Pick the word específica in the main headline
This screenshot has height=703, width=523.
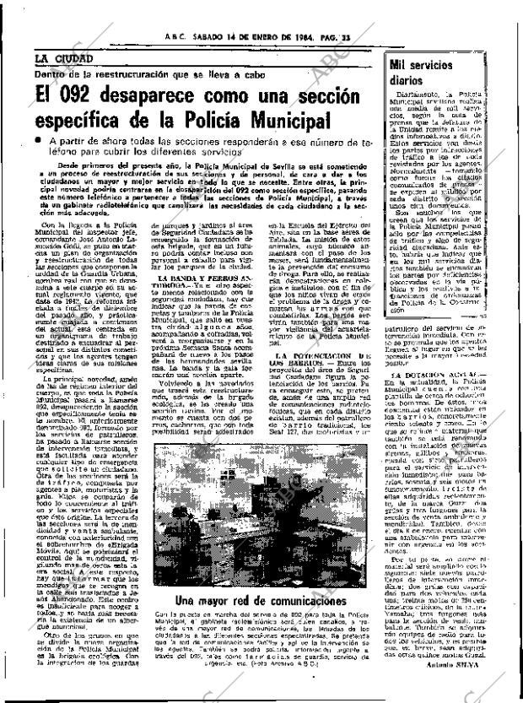(x=81, y=124)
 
